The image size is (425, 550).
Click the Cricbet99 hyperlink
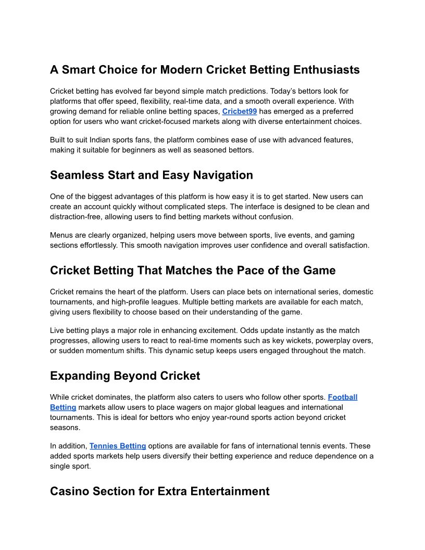click(x=240, y=111)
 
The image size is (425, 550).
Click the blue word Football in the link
click(x=342, y=397)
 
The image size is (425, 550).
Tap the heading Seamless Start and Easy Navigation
click(x=151, y=176)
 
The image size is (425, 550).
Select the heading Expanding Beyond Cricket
click(x=125, y=376)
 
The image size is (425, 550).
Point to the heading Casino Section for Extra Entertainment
click(x=159, y=491)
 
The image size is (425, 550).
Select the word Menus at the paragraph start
click(x=62, y=235)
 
